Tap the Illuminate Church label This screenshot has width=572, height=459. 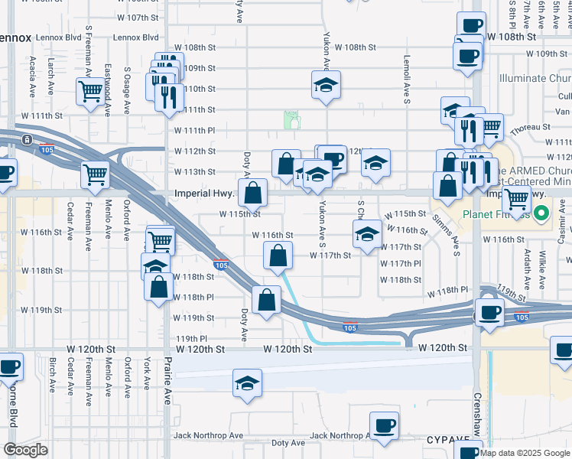click(534, 78)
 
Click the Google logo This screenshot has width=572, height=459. click(24, 450)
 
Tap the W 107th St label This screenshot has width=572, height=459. click(138, 17)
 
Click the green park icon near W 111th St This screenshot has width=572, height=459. click(291, 119)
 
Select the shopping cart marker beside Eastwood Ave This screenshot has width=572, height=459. click(91, 92)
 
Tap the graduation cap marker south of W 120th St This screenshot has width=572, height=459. click(247, 382)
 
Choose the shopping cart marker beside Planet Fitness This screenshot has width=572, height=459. click(516, 199)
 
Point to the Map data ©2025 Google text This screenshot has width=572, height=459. click(524, 453)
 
